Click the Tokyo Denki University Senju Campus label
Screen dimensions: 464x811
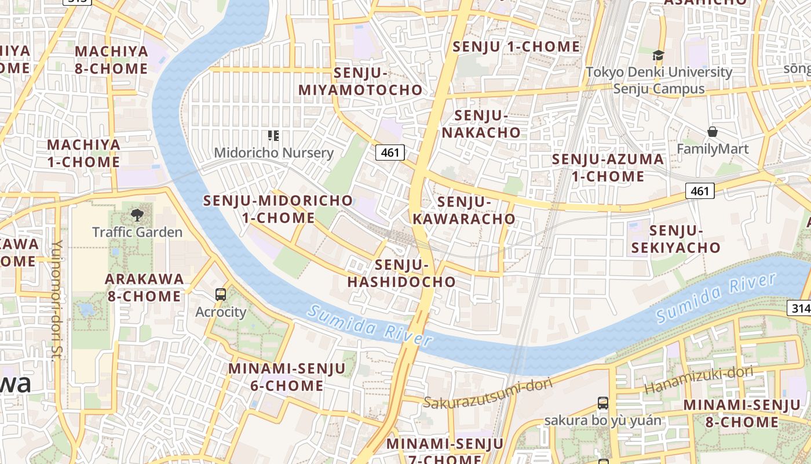659,81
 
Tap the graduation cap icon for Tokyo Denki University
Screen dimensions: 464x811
658,56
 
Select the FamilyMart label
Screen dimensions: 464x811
713,149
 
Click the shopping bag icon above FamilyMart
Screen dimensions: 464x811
713,132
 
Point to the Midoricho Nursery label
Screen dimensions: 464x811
273,153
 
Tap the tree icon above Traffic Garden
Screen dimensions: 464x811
137,215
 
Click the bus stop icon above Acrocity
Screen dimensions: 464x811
221,294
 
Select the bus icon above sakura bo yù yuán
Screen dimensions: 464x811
603,403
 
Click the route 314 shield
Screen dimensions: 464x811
800,308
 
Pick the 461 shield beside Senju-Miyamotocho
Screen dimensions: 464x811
390,153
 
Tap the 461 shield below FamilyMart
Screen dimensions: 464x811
700,190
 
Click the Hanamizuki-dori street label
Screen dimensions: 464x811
698,380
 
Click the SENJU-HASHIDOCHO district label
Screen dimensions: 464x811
401,274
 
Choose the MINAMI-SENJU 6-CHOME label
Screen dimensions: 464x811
287,377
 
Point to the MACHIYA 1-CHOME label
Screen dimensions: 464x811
83,153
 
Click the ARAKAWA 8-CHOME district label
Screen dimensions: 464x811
144,287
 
